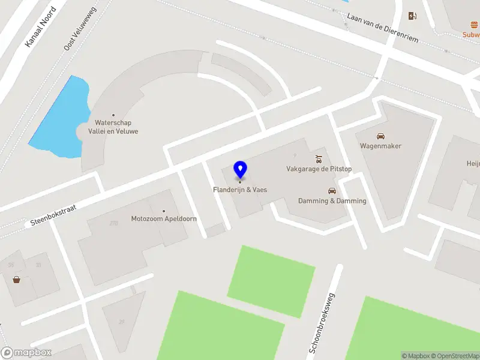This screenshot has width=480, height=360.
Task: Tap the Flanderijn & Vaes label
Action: click(x=240, y=190)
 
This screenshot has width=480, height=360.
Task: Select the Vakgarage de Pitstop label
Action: click(x=318, y=169)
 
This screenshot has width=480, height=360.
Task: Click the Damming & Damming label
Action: click(x=332, y=201)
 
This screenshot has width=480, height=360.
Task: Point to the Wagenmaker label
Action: click(x=380, y=146)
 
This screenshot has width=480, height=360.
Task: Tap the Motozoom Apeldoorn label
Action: click(x=164, y=218)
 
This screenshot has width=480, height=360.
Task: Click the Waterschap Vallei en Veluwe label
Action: click(x=113, y=127)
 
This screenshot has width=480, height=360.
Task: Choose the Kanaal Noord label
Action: click(x=40, y=27)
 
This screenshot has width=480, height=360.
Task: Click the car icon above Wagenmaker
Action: click(x=380, y=136)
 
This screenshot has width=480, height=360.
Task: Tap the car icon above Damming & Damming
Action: click(x=332, y=191)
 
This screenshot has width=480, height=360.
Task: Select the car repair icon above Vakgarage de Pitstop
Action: click(x=319, y=159)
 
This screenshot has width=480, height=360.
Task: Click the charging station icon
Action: click(x=412, y=16)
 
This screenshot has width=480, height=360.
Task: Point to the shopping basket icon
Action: click(x=16, y=280)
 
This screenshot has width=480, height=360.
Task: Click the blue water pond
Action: click(x=60, y=120)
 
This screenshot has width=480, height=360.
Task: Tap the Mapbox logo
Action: click(x=26, y=353)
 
